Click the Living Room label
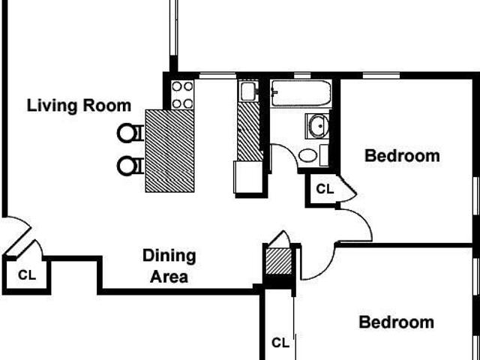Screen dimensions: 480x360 [x=79, y=106]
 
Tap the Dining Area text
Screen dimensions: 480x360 [x=169, y=266]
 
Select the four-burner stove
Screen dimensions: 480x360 [x=182, y=94]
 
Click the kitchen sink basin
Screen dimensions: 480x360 [x=248, y=91]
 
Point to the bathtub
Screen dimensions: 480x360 [x=301, y=93]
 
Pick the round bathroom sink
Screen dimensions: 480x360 [x=318, y=126]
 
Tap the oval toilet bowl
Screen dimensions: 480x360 [x=307, y=155]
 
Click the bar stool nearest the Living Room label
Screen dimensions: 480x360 [x=130, y=133]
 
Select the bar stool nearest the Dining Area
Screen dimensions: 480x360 [x=130, y=166]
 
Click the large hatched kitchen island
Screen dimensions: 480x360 [x=170, y=151]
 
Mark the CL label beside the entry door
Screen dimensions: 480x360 [x=27, y=275]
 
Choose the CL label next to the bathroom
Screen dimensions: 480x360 [x=325, y=189]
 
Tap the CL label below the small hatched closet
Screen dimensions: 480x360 [x=280, y=343]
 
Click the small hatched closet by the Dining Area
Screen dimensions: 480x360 [x=278, y=262]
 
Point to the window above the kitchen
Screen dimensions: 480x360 [x=217, y=76]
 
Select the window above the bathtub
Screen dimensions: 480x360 [x=302, y=76]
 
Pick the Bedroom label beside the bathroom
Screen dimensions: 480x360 [x=402, y=156]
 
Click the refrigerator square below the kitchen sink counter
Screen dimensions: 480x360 [x=248, y=177]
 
